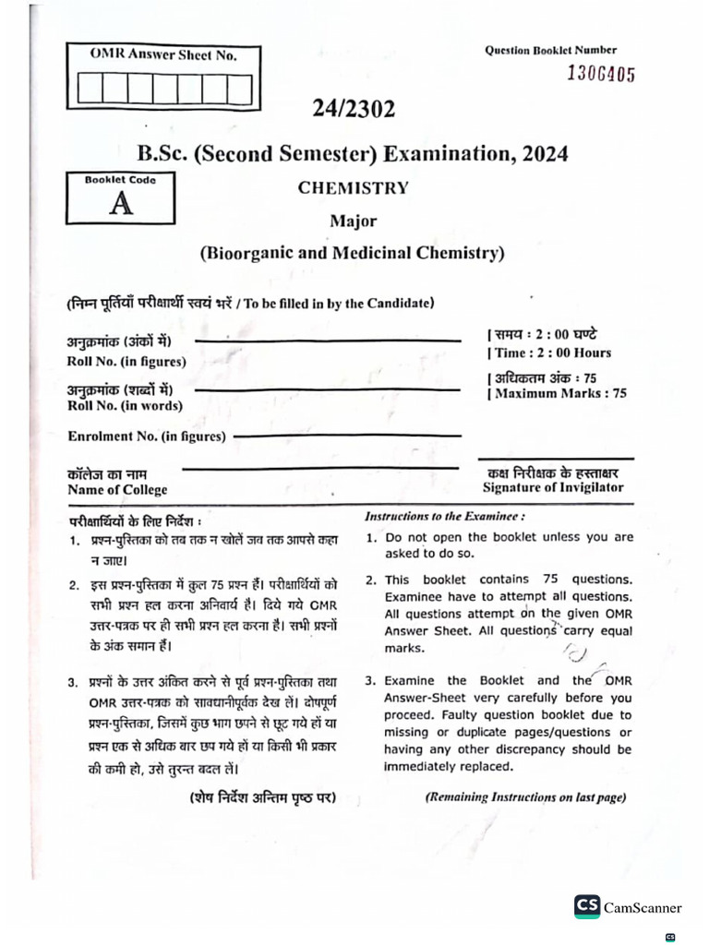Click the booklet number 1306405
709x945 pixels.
point(600,75)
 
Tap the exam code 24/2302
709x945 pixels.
point(354,110)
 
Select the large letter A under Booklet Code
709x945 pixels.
point(120,203)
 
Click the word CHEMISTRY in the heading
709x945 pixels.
point(353,187)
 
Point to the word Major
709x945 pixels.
point(353,221)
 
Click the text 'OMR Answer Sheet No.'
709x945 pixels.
point(162,55)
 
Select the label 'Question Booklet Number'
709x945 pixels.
point(550,50)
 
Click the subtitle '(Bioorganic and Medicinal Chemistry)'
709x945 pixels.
point(353,253)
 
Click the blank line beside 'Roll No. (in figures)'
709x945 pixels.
point(328,341)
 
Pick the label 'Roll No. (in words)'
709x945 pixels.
point(125,405)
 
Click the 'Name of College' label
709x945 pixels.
point(117,490)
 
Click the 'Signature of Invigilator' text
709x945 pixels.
point(552,487)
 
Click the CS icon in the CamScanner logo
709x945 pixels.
point(586,906)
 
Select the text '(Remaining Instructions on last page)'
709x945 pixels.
point(525,796)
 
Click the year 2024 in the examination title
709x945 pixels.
point(545,152)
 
